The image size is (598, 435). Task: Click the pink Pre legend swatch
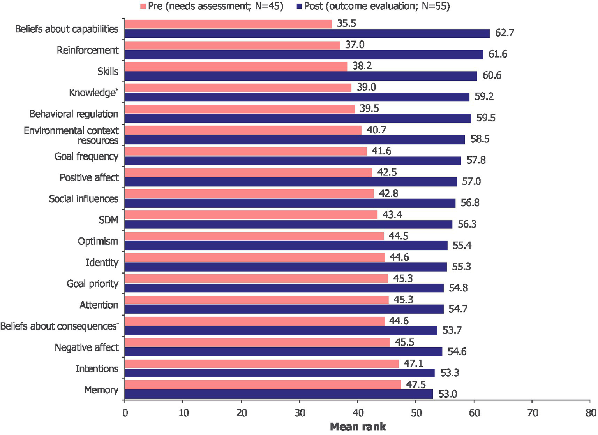(x=143, y=6)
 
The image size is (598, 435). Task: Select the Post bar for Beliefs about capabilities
(x=307, y=33)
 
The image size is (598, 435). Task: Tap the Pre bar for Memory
(x=263, y=384)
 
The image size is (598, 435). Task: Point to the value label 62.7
(x=505, y=33)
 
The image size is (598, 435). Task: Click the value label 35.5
(x=346, y=24)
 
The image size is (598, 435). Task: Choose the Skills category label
(x=108, y=72)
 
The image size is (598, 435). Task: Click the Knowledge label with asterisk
(x=93, y=93)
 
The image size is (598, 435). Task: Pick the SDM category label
(x=108, y=220)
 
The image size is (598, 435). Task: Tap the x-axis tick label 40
(x=358, y=413)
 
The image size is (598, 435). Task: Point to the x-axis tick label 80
(x=591, y=413)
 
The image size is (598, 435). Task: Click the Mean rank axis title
(x=358, y=427)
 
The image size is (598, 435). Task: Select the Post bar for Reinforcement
(x=304, y=54)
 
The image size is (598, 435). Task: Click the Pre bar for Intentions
(x=262, y=363)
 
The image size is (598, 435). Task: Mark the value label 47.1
(x=413, y=363)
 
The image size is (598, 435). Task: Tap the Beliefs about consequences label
(x=59, y=326)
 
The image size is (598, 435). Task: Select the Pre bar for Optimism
(x=254, y=236)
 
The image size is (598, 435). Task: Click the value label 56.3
(x=467, y=225)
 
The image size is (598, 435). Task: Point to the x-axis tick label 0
(x=125, y=413)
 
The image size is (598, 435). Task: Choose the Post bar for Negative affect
(x=284, y=352)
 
